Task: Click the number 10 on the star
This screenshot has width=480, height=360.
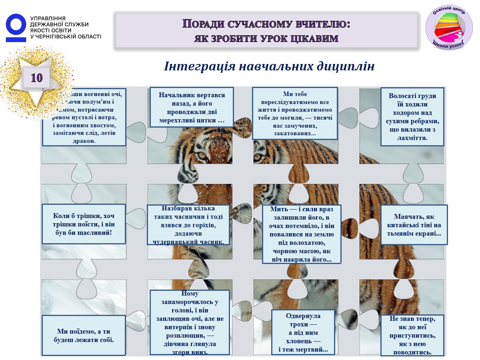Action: coord(36,78)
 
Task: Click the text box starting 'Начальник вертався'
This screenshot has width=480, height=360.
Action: coord(192,107)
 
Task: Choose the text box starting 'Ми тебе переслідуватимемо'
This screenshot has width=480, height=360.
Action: coord(295,113)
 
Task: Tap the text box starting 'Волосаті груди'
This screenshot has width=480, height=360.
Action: coord(412,117)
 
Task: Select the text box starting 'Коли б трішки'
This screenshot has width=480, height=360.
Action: coord(84,224)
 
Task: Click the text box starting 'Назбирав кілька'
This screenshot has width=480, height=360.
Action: coord(188,225)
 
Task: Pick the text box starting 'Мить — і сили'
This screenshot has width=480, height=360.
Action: coord(302,234)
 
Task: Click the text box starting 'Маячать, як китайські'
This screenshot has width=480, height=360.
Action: coord(414,225)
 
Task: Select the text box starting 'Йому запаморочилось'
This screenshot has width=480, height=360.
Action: coord(190,322)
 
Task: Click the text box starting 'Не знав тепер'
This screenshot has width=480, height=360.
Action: coord(412,335)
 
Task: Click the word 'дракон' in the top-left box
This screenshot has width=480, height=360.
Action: coord(84,141)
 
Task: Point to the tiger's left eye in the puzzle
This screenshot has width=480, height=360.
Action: coord(202,155)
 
